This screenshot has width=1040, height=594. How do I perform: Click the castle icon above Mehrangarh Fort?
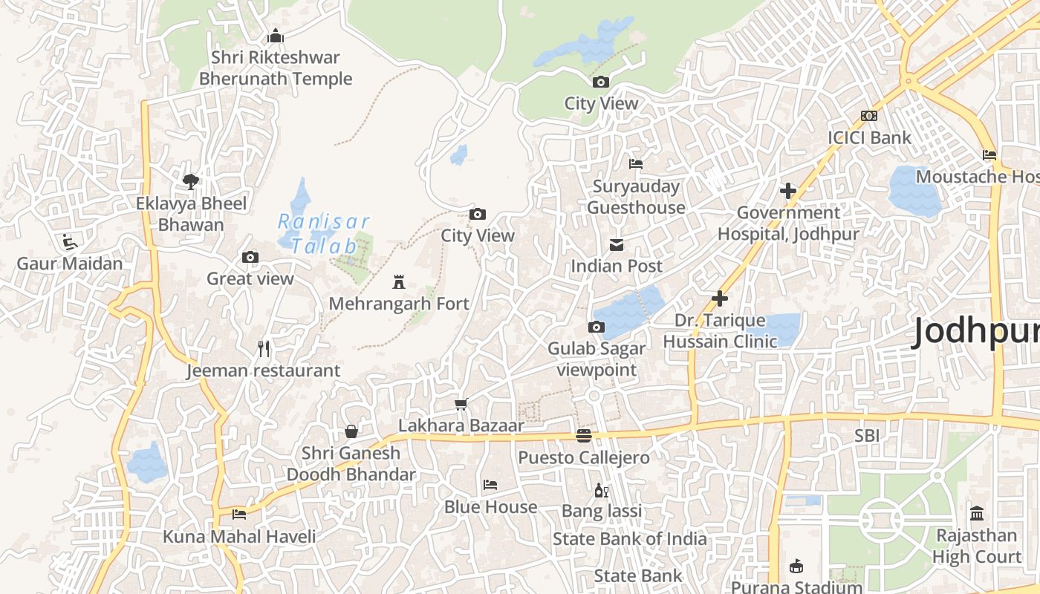pyautogui.click(x=399, y=282)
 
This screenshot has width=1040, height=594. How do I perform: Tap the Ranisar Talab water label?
pyautogui.click(x=323, y=233)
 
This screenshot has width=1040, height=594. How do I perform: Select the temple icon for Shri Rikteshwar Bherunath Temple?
pyautogui.click(x=276, y=36)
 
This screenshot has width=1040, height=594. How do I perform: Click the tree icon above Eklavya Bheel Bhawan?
pyautogui.click(x=191, y=181)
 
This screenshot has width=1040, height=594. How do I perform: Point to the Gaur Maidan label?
pyautogui.click(x=70, y=264)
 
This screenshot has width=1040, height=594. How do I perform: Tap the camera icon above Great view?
pyautogui.click(x=250, y=257)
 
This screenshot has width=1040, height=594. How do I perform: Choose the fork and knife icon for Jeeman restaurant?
pyautogui.click(x=263, y=348)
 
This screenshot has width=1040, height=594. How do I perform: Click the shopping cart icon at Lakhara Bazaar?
pyautogui.click(x=461, y=405)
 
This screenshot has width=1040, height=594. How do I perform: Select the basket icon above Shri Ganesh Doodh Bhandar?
pyautogui.click(x=351, y=431)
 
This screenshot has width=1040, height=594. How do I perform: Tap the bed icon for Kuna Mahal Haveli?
pyautogui.click(x=239, y=514)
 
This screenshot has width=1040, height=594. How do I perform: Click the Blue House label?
pyautogui.click(x=490, y=507)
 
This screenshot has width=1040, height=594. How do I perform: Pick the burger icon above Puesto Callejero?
pyautogui.click(x=584, y=436)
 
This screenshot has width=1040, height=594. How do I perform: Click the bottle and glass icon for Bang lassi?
pyautogui.click(x=601, y=490)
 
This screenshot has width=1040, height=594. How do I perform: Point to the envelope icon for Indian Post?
pyautogui.click(x=617, y=244)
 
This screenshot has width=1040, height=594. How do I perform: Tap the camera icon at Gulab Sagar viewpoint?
pyautogui.click(x=596, y=327)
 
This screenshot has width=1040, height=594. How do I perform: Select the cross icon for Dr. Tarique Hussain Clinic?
pyautogui.click(x=719, y=298)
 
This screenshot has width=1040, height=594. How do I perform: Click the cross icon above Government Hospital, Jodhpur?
pyautogui.click(x=788, y=191)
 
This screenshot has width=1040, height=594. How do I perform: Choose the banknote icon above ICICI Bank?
pyautogui.click(x=869, y=116)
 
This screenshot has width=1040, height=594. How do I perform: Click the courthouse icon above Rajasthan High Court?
pyautogui.click(x=977, y=514)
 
